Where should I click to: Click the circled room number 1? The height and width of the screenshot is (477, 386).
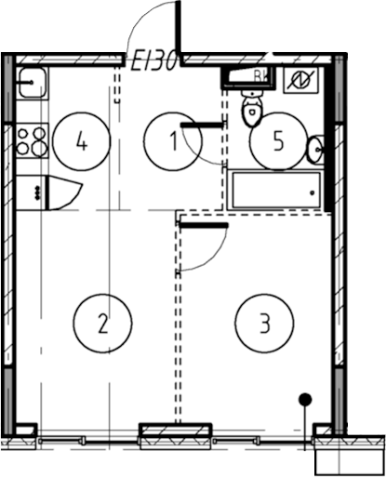click(173, 141)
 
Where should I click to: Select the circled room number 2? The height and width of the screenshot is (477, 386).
click(103, 324)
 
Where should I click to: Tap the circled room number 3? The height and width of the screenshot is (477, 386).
click(264, 324)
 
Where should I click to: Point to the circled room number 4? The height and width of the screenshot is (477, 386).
click(82, 141)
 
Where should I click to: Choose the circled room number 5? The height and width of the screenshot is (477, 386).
click(278, 141)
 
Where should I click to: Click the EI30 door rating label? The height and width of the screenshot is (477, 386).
click(153, 61)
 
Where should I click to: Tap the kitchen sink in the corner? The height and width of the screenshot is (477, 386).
click(33, 83)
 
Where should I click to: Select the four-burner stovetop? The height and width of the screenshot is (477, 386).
click(33, 140)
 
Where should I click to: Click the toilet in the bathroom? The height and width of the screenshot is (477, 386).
click(252, 109)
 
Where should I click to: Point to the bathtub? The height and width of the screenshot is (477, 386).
click(275, 190)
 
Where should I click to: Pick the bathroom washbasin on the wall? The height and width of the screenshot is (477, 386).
click(316, 150)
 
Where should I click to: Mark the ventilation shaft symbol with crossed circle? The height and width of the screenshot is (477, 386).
click(301, 80)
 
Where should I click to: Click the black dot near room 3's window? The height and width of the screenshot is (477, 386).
click(305, 399)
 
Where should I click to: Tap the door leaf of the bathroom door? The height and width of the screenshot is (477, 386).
click(202, 125)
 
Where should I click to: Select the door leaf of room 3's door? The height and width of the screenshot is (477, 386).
click(204, 225)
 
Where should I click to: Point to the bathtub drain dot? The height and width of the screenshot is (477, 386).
click(313, 192)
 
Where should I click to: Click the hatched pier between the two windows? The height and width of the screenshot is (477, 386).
click(176, 431)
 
